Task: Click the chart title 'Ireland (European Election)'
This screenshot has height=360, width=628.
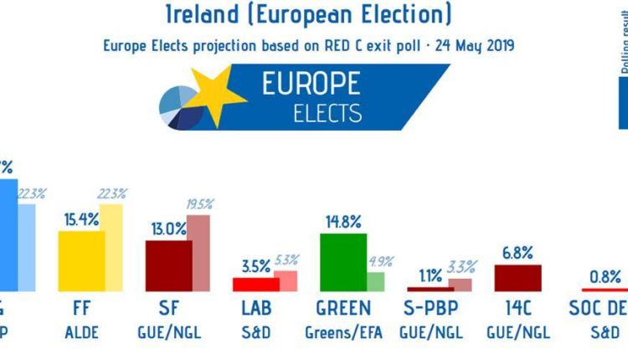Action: coord(313,14)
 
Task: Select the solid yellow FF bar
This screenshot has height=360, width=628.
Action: coord(81,261)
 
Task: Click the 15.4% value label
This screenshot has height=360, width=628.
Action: coord(81,220)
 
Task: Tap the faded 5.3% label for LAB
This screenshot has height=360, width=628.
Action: coord(286,260)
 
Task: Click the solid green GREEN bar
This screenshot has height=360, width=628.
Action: coord(343,262)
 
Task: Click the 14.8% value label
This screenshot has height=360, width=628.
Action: coord(343,222)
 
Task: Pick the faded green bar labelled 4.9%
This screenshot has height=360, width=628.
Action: coord(374,281)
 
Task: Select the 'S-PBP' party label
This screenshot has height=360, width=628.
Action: coord(430,310)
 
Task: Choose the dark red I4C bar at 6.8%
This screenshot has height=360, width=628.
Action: coord(518,278)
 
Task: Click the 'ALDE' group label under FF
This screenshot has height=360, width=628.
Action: coord(81,332)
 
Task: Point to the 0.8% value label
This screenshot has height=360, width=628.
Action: coord(605,276)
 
